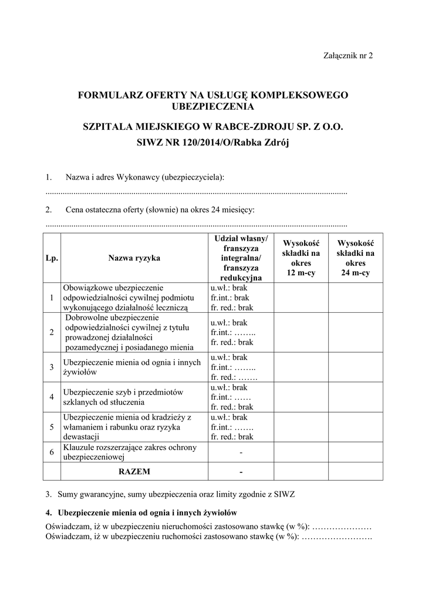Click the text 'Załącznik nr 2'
(x=348, y=56)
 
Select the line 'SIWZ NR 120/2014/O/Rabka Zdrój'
(x=213, y=143)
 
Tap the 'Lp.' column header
(x=52, y=258)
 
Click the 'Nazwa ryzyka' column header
(x=134, y=258)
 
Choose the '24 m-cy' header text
(x=355, y=274)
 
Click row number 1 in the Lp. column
(x=52, y=298)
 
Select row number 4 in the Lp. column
(x=52, y=397)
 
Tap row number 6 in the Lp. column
(x=52, y=452)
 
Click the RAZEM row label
(x=134, y=471)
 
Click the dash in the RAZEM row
(x=241, y=471)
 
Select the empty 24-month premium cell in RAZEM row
(x=355, y=471)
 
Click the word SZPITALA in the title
(x=112, y=126)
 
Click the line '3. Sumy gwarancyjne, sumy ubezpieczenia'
(x=170, y=494)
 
